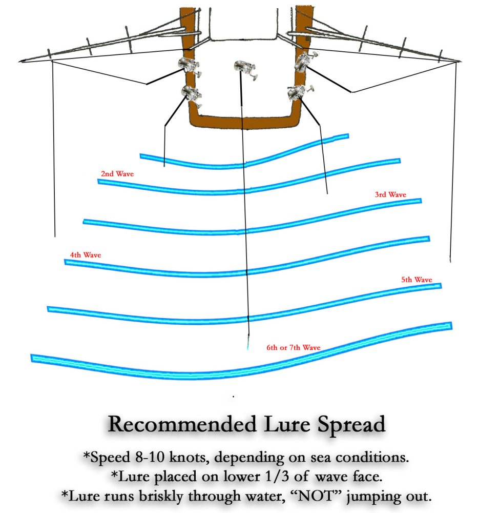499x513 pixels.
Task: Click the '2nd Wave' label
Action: pos(117,174)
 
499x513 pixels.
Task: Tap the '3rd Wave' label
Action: pos(390,194)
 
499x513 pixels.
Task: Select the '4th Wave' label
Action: pos(86,255)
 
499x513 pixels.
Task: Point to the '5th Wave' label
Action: pos(417,280)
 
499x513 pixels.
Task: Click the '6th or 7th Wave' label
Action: pos(294,347)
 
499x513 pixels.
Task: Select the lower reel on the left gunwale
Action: pos(192,95)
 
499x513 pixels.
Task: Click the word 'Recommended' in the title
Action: pos(182,424)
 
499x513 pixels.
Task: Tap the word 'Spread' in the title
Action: pos(351,425)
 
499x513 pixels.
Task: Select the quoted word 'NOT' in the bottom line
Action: pos(316,496)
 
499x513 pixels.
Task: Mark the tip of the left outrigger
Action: pos(19,61)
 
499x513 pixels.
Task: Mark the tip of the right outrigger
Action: pos(461,61)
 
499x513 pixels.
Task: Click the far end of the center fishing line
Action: pos(247,349)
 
